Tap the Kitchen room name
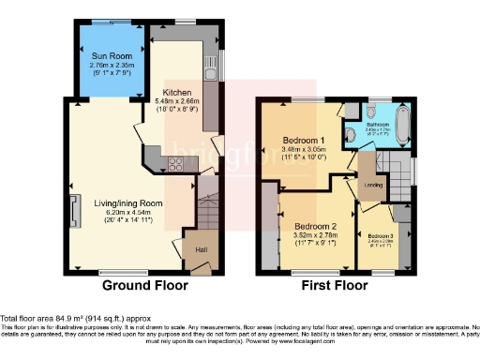click(x=177, y=93)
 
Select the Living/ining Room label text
click(x=128, y=202)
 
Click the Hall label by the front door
click(x=201, y=249)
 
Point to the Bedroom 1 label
click(x=306, y=142)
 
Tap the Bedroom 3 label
click(x=381, y=235)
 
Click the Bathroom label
click(x=378, y=124)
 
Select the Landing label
click(x=372, y=185)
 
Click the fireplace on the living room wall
click(x=72, y=205)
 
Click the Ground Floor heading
click(x=144, y=285)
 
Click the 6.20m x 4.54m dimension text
click(x=128, y=213)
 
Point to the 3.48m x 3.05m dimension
click(x=306, y=151)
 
